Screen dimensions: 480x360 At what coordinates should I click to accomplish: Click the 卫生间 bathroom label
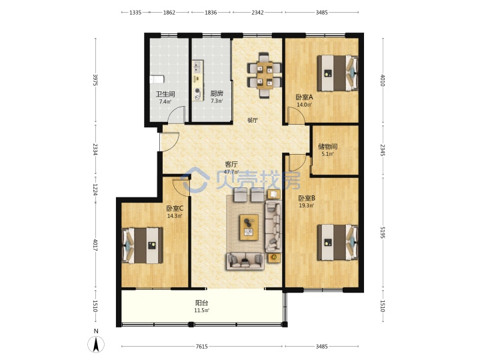[x=165, y=94]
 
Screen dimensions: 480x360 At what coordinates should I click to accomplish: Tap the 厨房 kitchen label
[x=217, y=93]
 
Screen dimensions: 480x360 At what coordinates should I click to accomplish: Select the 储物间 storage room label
[x=327, y=146]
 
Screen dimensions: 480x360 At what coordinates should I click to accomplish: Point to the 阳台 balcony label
[x=201, y=303]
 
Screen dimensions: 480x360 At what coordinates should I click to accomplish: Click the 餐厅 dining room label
[x=252, y=120]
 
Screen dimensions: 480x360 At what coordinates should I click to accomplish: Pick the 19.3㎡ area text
[x=307, y=205]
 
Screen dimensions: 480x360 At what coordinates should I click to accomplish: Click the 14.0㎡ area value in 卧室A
[x=304, y=105]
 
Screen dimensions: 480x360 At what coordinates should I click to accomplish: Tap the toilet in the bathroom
[x=157, y=79]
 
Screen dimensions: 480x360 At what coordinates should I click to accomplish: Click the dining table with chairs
[x=265, y=75]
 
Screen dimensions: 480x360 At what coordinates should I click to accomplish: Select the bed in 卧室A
[x=337, y=73]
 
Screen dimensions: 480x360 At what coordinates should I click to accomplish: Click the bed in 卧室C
[x=143, y=245]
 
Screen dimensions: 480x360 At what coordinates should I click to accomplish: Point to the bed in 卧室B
[x=337, y=243]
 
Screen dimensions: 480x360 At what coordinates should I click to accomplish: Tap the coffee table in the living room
[x=249, y=227]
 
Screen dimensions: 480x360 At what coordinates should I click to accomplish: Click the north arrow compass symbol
[x=96, y=344]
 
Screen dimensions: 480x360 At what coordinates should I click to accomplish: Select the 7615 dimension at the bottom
[x=202, y=347]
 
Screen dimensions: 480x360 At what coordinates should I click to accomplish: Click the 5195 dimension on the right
[x=383, y=233]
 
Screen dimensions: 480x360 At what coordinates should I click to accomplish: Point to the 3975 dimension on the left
[x=95, y=80]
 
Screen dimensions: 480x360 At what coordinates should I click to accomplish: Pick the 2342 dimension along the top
[x=257, y=13]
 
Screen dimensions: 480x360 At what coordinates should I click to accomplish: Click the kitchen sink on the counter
[x=197, y=66]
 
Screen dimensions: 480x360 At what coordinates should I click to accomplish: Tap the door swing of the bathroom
[x=177, y=114]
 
